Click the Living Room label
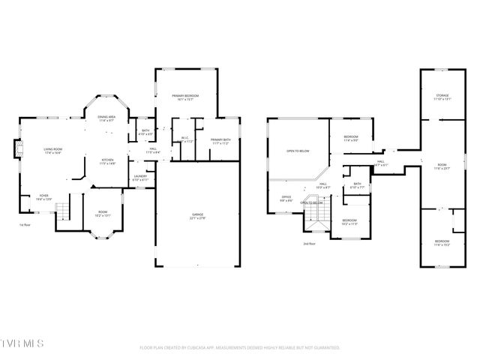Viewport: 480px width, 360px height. [52, 151]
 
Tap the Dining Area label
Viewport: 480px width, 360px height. [106, 118]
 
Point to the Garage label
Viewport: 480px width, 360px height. [198, 217]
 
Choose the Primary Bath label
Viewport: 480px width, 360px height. [220, 141]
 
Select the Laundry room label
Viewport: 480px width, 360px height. [140, 178]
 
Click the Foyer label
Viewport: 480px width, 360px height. [44, 197]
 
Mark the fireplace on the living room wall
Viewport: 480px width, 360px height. [19, 151]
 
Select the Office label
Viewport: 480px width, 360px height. [286, 199]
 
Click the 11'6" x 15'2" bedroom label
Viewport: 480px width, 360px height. [442, 242]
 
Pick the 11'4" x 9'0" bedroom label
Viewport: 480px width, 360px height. [351, 138]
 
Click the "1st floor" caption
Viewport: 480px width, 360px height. [25, 224]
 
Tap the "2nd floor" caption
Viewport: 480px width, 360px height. [308, 244]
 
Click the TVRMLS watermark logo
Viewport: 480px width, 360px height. [22, 343]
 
